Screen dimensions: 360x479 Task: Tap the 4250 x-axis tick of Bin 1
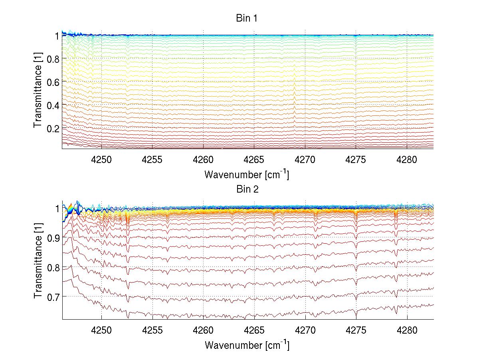click(101, 159)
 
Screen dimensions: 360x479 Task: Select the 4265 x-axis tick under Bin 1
click(254, 159)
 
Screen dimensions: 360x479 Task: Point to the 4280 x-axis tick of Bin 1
click(407, 159)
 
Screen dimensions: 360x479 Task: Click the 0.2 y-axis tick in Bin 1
click(53, 128)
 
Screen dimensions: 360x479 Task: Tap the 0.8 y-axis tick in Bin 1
click(53, 59)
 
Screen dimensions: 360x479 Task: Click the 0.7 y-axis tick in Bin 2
click(53, 296)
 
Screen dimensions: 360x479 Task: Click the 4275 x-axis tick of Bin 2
click(356, 330)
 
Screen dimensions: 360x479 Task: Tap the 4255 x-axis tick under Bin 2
click(152, 330)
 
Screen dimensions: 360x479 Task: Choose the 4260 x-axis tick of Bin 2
click(204, 330)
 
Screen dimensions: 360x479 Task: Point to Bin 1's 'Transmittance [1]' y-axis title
click(38, 91)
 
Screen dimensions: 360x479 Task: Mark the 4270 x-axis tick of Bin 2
click(305, 330)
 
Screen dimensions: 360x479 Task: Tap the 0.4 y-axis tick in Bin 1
click(53, 105)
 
